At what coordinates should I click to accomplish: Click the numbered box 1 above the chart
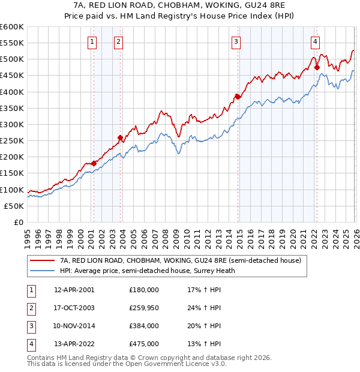click(92, 41)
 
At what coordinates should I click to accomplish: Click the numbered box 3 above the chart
click(236, 41)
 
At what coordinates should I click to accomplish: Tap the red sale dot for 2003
click(120, 137)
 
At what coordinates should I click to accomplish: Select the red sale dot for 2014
click(237, 97)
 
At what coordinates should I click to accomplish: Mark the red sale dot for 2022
click(316, 68)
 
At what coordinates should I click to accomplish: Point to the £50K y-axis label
click(14, 206)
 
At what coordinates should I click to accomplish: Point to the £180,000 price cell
click(143, 289)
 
